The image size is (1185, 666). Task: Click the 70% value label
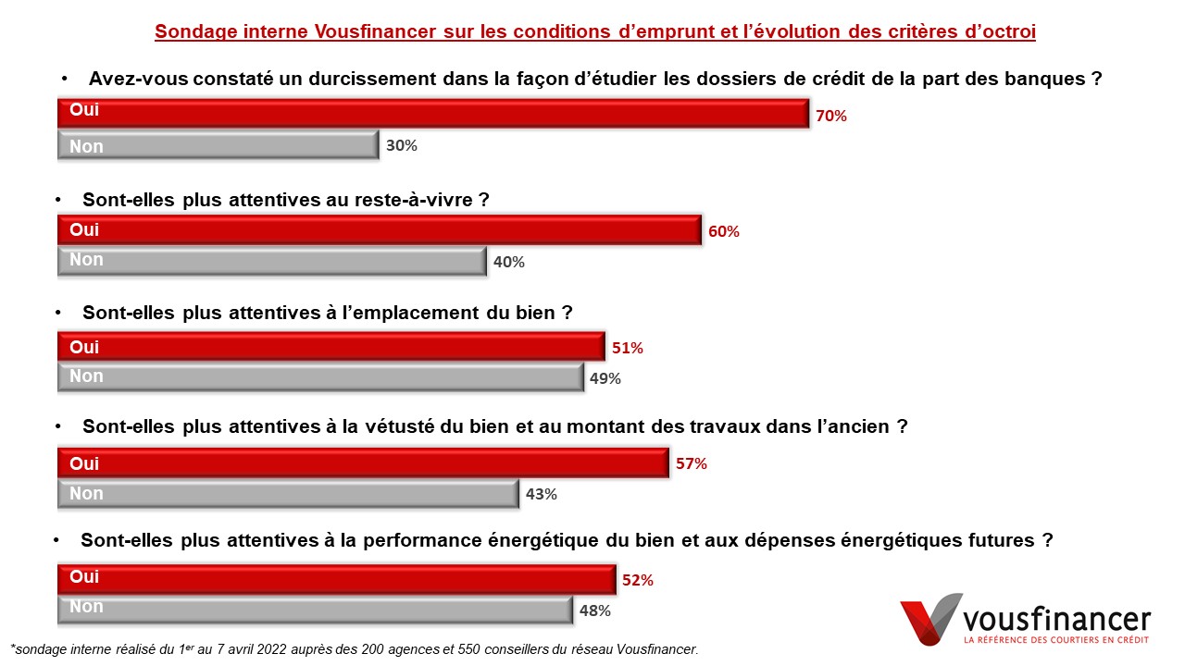(x=831, y=117)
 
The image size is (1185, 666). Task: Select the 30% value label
(x=402, y=146)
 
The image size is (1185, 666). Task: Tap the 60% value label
(x=724, y=232)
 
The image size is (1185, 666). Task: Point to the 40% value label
(x=509, y=262)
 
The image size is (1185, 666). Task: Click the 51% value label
(x=627, y=349)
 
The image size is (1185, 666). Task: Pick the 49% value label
(x=605, y=378)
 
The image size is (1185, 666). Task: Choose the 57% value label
(x=692, y=464)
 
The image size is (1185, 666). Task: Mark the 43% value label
(x=542, y=494)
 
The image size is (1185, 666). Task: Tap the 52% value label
(x=638, y=581)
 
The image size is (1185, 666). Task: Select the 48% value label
(x=595, y=610)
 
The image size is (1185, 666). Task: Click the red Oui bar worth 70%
(x=432, y=113)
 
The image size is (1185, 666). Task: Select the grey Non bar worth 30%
(x=218, y=145)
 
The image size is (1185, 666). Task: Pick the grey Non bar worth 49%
(x=320, y=377)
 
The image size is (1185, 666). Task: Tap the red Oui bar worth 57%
(x=363, y=463)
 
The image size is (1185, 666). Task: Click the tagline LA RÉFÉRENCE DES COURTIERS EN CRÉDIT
(x=1055, y=640)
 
